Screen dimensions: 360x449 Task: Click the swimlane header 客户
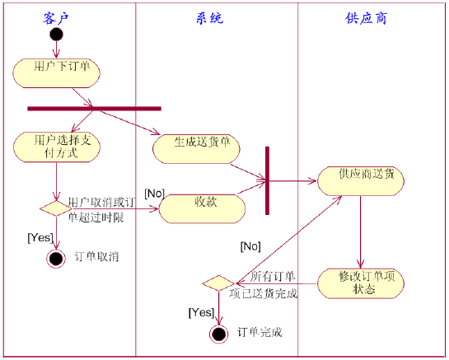[x=57, y=17]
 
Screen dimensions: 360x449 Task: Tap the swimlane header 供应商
[x=367, y=17]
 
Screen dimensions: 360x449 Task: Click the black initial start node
[x=56, y=34]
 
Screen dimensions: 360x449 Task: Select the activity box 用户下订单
[x=57, y=72]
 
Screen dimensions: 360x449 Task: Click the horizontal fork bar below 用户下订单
[x=93, y=108]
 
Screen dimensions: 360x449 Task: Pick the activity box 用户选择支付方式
[x=57, y=147]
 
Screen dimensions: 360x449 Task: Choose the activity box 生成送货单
[x=196, y=147]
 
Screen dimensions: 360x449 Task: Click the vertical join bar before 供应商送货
[x=267, y=180]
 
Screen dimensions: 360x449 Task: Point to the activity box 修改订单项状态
[x=361, y=281]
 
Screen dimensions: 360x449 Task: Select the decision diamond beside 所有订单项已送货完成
[x=217, y=283]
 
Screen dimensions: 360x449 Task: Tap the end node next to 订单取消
[x=56, y=259]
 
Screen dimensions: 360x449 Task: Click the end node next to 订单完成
[x=218, y=334]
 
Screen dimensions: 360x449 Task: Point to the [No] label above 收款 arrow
[x=155, y=193]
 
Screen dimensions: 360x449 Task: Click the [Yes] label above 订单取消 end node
[x=40, y=237]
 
